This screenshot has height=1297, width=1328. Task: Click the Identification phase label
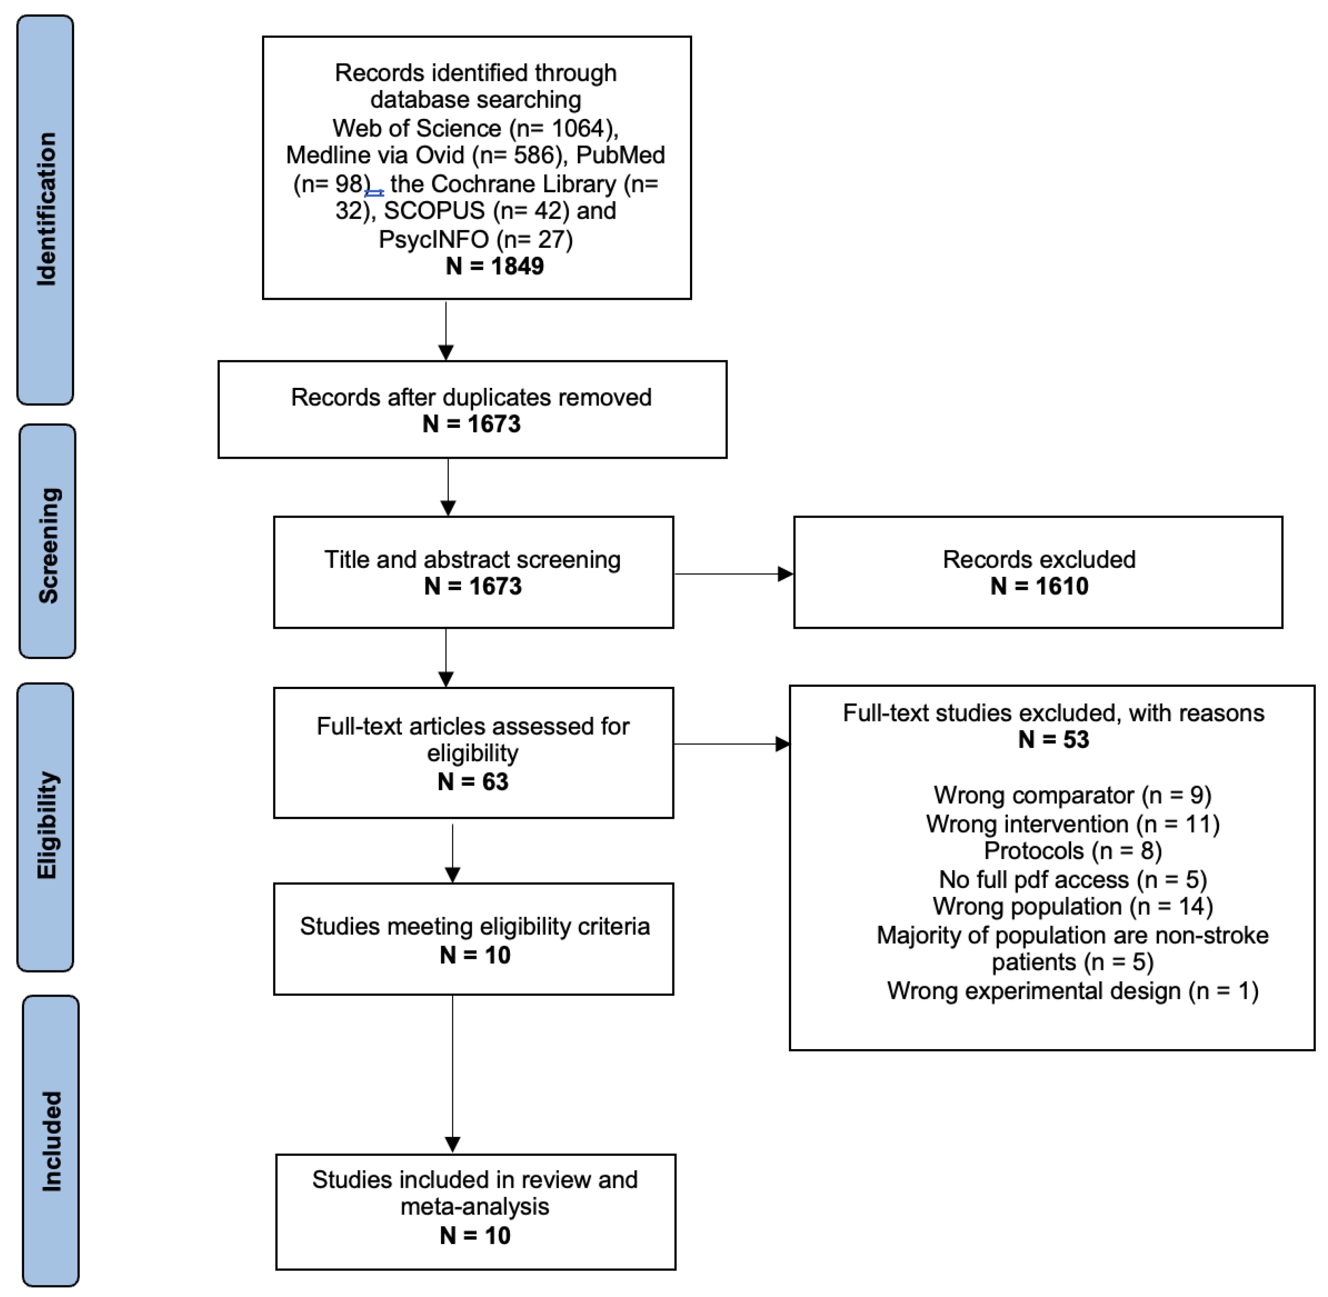pyautogui.click(x=46, y=209)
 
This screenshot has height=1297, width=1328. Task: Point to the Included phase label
pyautogui.click(x=51, y=1141)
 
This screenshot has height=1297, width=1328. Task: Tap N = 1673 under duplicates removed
pyautogui.click(x=472, y=424)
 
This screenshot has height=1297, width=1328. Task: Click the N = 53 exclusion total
pyautogui.click(x=1053, y=739)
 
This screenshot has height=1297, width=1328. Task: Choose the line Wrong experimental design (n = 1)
pyautogui.click(x=1073, y=991)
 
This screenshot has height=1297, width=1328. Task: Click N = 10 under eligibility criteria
pyautogui.click(x=475, y=955)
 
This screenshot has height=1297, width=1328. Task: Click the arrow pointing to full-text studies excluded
pyautogui.click(x=731, y=744)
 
